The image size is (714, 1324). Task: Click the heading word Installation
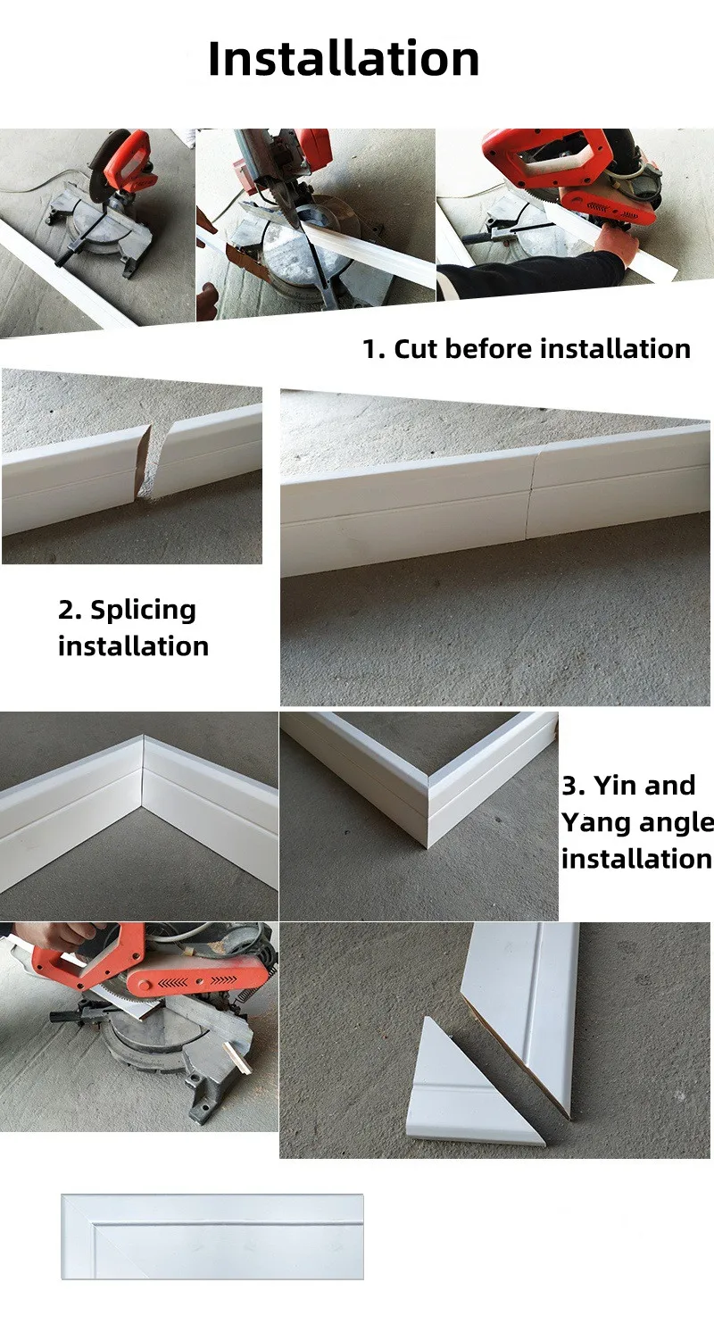pos(344,59)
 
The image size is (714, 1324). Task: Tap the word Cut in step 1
pos(416,349)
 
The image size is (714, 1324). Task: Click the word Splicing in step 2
pos(143,610)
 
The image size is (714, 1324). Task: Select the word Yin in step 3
pos(615,786)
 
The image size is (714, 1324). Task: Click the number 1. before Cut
pos(374,349)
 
